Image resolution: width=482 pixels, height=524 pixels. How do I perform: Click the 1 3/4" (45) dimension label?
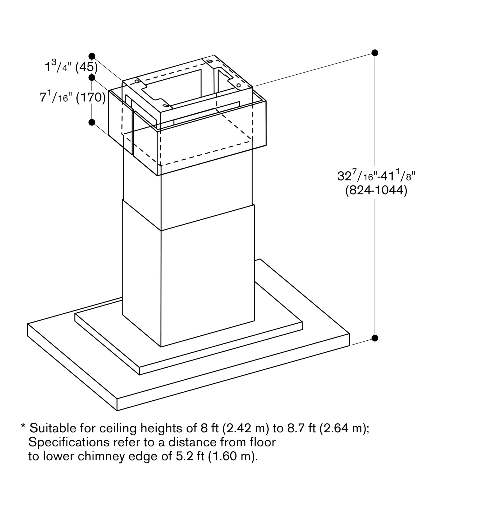pyautogui.click(x=71, y=66)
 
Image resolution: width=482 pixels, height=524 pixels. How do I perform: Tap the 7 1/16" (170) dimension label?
pyautogui.click(x=73, y=97)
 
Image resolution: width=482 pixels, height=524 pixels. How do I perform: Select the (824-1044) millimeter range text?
pyautogui.click(x=376, y=190)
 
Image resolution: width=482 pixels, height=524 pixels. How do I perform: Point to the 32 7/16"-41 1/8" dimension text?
pyautogui.click(x=376, y=175)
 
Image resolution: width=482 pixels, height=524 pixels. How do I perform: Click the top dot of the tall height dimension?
pyautogui.click(x=375, y=53)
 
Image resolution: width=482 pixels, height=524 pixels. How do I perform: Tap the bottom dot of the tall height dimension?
pyautogui.click(x=375, y=338)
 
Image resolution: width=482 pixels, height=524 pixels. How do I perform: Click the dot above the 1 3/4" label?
pyautogui.click(x=92, y=56)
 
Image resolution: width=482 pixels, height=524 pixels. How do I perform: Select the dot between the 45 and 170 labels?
pyautogui.click(x=92, y=78)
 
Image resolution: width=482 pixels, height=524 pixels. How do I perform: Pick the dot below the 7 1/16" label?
pyautogui.click(x=92, y=122)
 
